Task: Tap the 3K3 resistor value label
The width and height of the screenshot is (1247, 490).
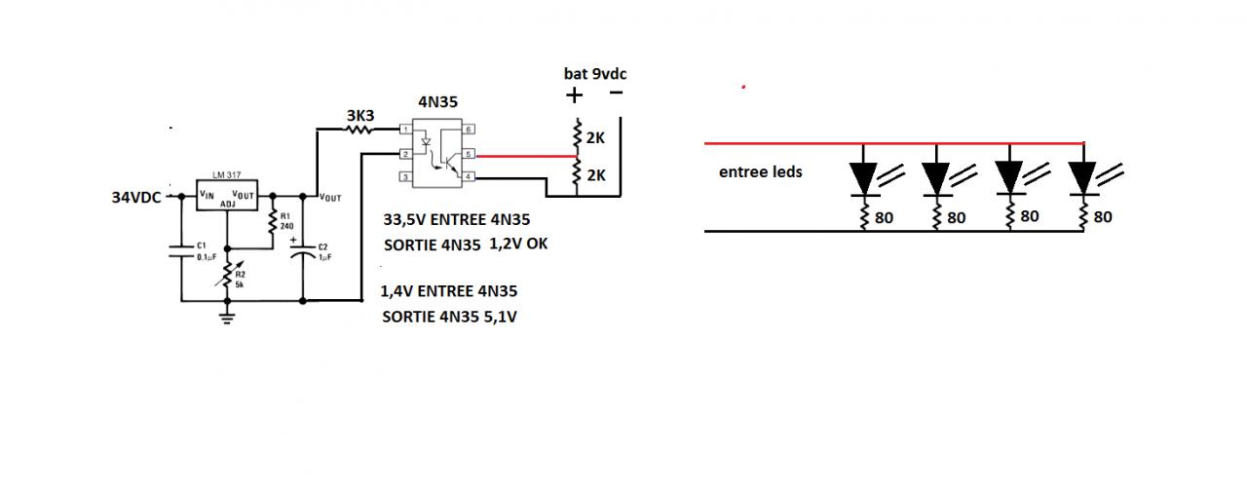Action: click(360, 116)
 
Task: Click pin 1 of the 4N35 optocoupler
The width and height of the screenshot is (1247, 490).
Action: click(405, 130)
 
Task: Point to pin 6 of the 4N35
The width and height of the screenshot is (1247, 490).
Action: click(468, 130)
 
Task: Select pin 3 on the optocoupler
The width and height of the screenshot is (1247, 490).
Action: click(405, 178)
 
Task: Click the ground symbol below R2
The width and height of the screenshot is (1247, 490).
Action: click(228, 315)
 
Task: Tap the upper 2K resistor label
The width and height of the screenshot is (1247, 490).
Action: click(596, 138)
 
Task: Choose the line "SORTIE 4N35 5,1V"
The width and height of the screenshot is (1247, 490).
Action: click(450, 317)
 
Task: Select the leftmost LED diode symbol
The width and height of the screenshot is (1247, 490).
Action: click(864, 176)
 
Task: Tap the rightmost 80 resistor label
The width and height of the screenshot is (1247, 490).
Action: click(1102, 218)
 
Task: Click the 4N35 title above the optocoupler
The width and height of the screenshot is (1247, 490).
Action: click(437, 100)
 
